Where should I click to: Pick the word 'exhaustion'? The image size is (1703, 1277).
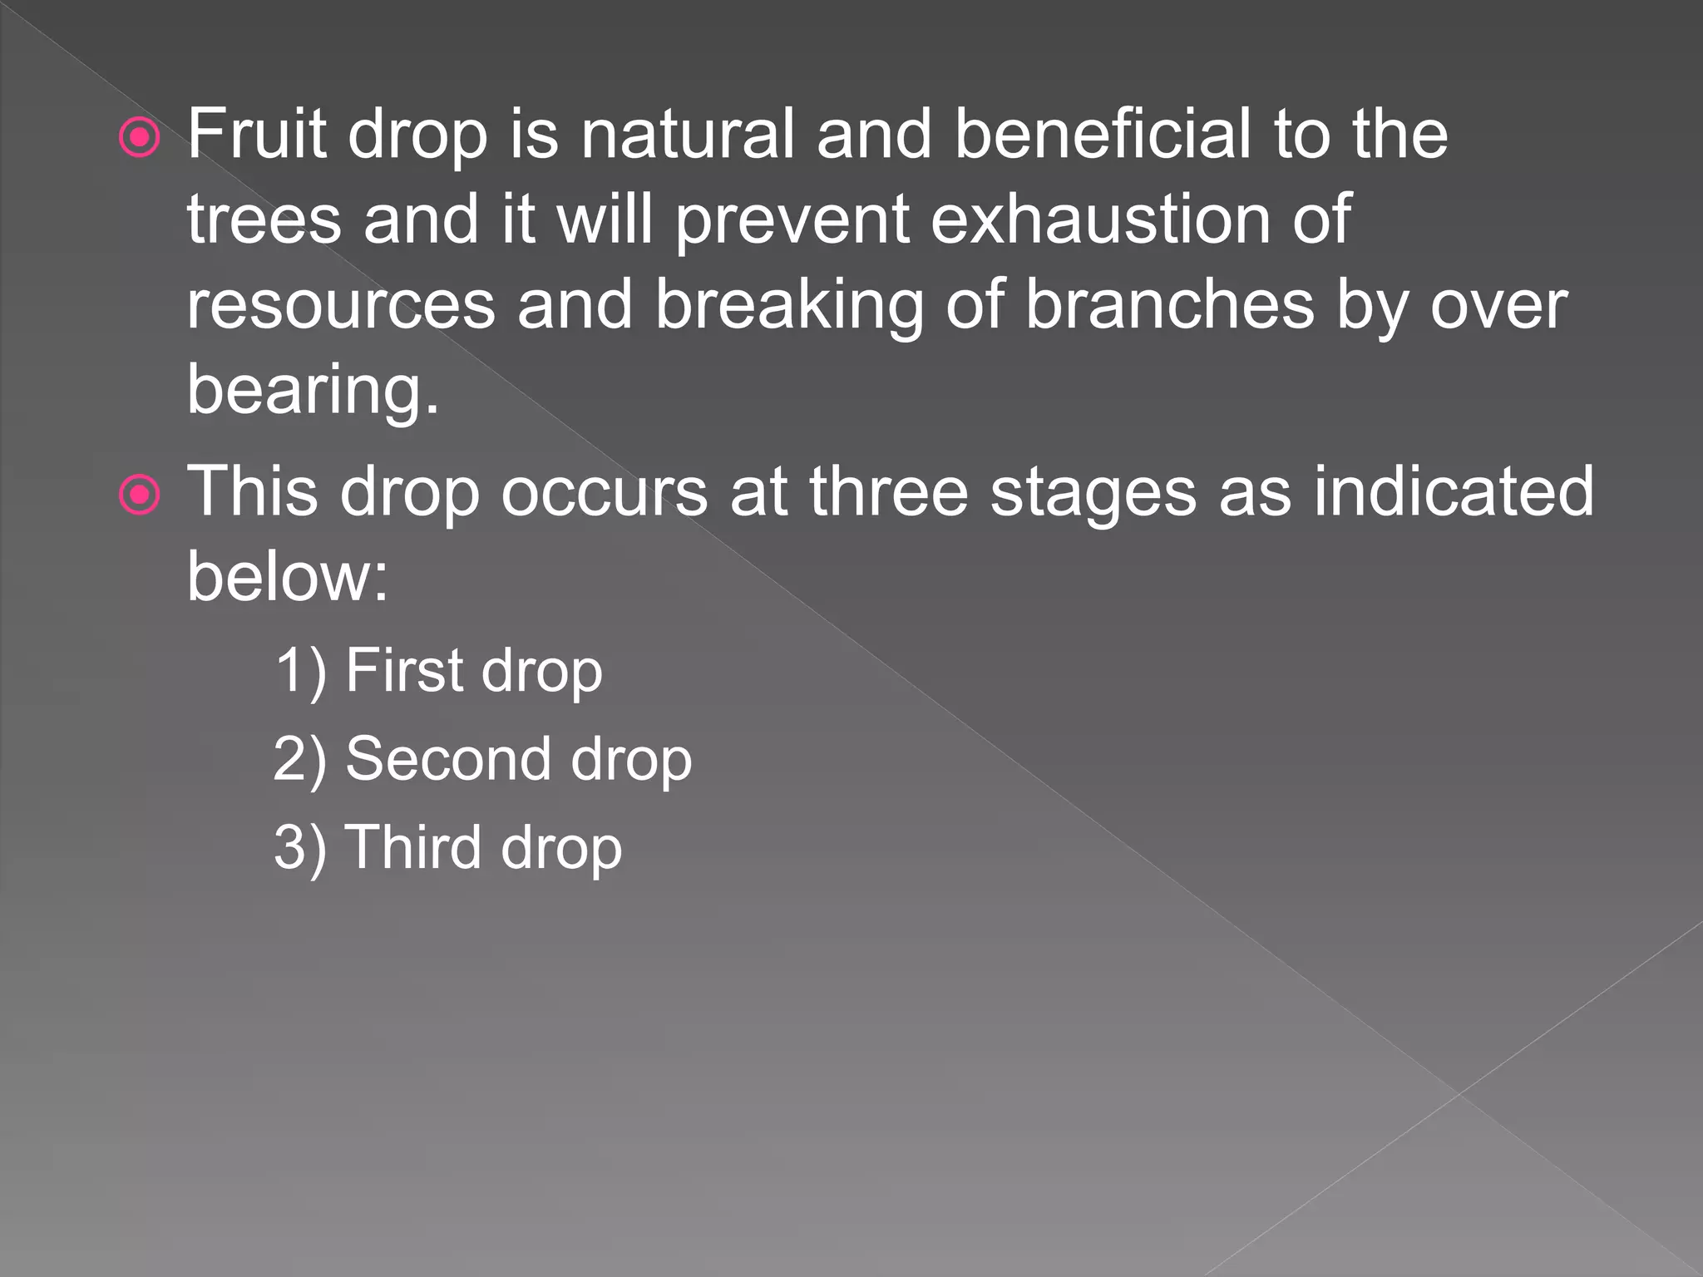coord(1099,219)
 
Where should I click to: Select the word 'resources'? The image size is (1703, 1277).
coord(341,306)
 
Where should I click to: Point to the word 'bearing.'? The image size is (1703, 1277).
coord(313,391)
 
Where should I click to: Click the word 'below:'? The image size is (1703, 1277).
coord(288,576)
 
